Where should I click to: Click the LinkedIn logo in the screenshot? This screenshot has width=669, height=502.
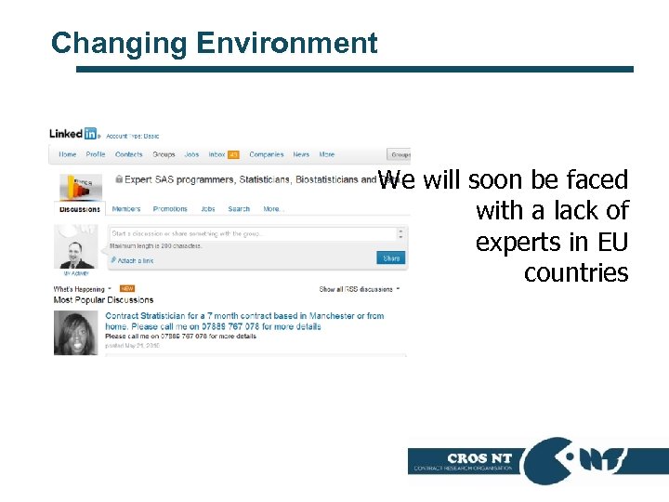(x=73, y=134)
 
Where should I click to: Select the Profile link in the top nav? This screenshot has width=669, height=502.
(x=96, y=154)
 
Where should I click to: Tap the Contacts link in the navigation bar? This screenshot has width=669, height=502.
(x=128, y=154)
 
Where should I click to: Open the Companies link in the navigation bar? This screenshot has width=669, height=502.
(x=267, y=154)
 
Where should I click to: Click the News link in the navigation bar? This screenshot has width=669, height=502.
(x=301, y=154)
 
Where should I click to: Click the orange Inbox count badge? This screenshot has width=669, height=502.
(x=234, y=154)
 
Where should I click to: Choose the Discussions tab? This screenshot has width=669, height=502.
(x=80, y=209)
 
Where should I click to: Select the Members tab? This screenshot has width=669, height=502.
(x=125, y=209)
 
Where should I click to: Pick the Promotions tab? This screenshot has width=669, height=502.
(x=170, y=209)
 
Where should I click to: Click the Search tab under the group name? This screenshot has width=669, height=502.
(x=239, y=209)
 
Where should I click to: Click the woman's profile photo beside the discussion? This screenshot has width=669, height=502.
(x=76, y=333)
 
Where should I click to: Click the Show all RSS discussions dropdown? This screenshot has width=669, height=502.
(x=359, y=289)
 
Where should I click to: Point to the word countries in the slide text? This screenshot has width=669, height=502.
(x=576, y=273)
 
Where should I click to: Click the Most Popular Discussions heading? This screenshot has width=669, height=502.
(x=103, y=300)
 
